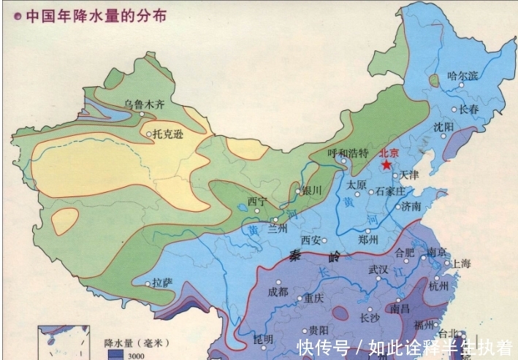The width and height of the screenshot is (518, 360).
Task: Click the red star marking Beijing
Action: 386,165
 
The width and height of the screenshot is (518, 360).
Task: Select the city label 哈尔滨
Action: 462,75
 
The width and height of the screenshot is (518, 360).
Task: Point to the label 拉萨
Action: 162,282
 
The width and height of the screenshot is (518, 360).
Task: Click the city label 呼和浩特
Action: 348,153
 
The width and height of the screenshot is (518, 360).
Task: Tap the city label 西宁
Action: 257,201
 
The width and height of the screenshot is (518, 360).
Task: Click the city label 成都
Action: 278,291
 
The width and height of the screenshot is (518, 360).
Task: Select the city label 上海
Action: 461,263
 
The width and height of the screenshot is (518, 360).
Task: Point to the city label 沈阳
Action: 443,126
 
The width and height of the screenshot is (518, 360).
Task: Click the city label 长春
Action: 468,110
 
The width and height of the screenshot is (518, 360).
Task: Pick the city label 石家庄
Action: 390,192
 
